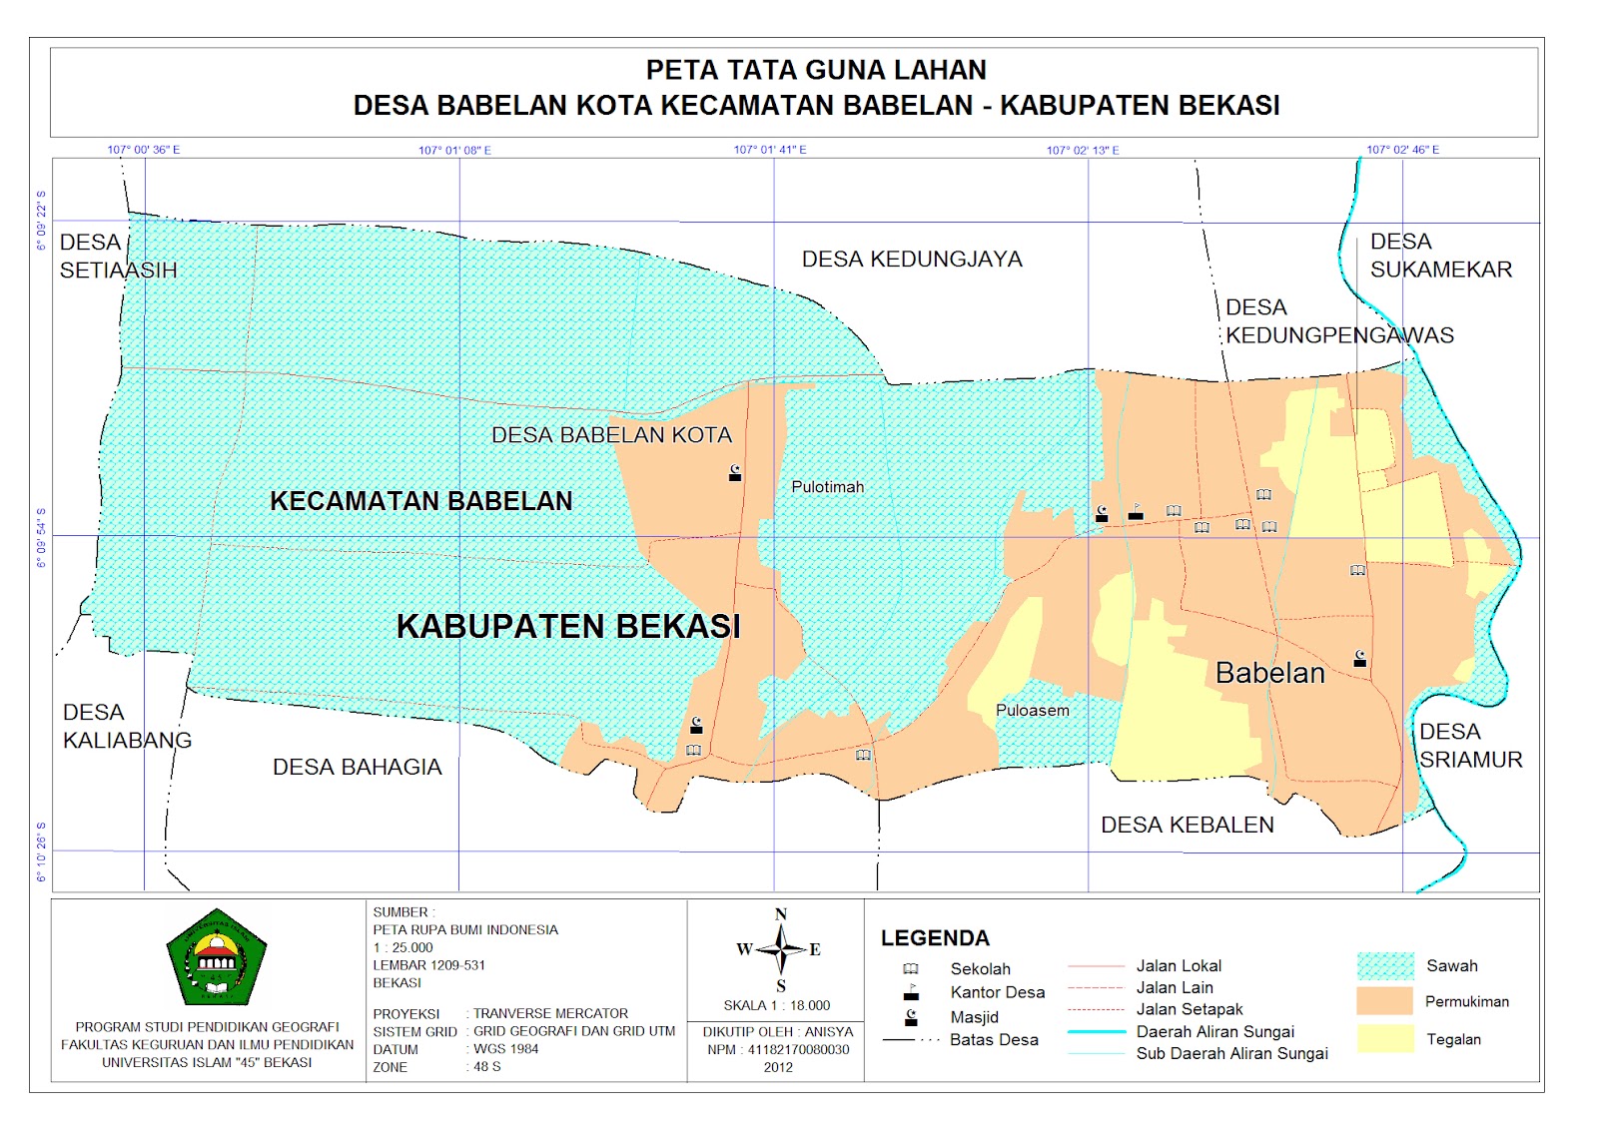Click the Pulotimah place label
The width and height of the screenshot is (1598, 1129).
(827, 487)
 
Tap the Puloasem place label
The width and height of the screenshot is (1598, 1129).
(1032, 711)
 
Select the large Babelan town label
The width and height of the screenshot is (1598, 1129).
(1269, 674)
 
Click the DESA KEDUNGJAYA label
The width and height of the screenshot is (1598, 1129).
(912, 260)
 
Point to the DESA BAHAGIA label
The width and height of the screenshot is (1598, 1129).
(357, 768)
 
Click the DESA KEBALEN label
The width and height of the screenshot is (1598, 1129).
(1187, 826)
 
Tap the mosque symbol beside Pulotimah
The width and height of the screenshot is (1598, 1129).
(735, 473)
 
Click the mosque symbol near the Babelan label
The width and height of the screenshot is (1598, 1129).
(1359, 658)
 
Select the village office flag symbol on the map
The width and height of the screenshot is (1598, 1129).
(1136, 512)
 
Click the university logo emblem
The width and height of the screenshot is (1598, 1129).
(216, 957)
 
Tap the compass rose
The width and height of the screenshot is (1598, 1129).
(781, 948)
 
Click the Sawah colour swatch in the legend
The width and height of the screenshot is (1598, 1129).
(1385, 966)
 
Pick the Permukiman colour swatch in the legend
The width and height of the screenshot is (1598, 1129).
(1385, 1001)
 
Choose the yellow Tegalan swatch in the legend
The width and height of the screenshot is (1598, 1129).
(1385, 1038)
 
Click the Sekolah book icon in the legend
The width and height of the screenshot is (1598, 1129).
(911, 969)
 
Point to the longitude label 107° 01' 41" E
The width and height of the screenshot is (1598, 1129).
(770, 150)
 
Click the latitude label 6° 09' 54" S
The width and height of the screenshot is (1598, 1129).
(41, 538)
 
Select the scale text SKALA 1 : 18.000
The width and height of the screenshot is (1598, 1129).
(777, 1005)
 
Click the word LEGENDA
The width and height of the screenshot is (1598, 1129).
(935, 938)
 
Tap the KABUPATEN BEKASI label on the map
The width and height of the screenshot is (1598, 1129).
(568, 627)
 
